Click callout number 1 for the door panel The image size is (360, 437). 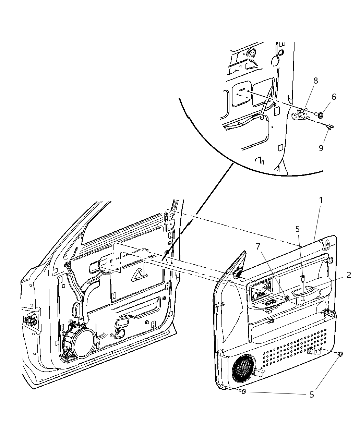click(x=321, y=200)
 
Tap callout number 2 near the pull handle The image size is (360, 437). click(x=348, y=275)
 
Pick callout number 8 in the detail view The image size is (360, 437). click(x=315, y=81)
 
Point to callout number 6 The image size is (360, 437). click(x=333, y=97)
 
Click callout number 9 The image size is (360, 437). click(x=321, y=148)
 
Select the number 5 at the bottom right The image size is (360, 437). click(x=312, y=394)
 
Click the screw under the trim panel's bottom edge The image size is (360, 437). click(x=243, y=391)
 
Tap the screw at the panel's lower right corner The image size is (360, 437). click(x=339, y=354)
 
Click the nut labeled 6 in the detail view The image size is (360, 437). click(x=321, y=116)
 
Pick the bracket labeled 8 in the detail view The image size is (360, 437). click(x=302, y=113)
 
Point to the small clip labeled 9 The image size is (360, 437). click(x=330, y=127)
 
